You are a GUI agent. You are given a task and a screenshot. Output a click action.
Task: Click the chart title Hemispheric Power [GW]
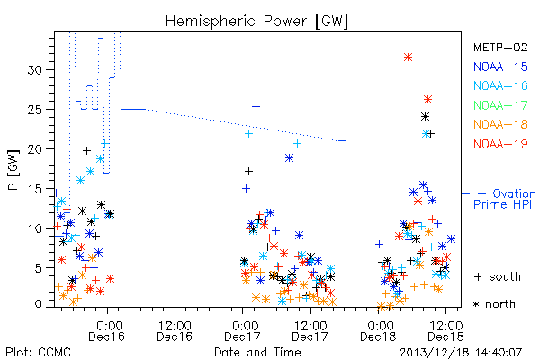[256, 22]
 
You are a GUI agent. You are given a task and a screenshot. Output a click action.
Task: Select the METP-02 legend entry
[500, 47]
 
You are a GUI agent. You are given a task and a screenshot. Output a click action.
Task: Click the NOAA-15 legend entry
[500, 67]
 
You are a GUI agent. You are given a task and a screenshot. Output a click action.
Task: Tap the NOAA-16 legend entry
[500, 85]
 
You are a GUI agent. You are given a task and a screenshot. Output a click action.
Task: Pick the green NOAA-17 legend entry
[500, 105]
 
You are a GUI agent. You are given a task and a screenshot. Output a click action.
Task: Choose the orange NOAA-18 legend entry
[500, 124]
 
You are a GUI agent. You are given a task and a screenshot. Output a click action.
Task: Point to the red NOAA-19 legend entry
[500, 144]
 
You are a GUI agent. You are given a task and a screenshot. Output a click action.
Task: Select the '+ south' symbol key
[498, 276]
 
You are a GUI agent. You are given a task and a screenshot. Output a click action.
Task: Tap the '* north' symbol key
[494, 304]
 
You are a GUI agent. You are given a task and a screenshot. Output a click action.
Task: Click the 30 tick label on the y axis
[35, 70]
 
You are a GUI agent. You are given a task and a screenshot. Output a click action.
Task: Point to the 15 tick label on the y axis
[35, 189]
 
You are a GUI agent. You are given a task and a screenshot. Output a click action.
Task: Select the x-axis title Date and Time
[257, 352]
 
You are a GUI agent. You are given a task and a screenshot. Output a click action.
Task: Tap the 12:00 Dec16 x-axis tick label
[175, 331]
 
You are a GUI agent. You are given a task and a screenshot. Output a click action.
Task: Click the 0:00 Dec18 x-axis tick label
[378, 331]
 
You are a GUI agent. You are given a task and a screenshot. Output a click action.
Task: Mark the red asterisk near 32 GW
[408, 58]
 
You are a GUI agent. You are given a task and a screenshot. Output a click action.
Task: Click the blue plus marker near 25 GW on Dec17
[256, 107]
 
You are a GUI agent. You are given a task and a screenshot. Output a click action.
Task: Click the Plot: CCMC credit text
[38, 353]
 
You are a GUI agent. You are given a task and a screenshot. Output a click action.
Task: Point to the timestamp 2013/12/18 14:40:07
[461, 353]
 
